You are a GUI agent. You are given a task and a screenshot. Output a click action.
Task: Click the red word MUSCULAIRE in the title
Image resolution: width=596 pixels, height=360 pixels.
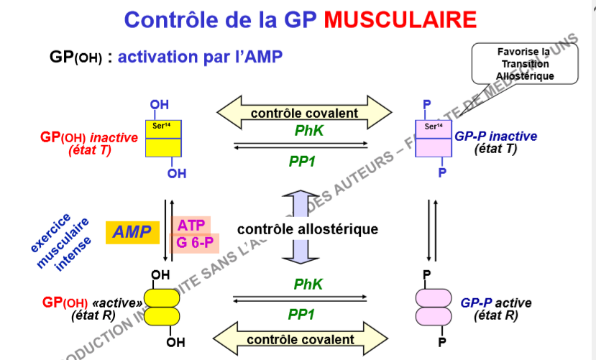pos(400,19)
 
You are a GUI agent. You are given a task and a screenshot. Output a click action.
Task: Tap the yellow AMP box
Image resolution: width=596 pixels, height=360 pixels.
pos(132,232)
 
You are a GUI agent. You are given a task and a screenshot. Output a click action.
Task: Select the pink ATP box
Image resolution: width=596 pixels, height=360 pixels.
pos(191,225)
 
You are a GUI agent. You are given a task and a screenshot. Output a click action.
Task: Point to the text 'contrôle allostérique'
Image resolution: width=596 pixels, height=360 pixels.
pos(307,229)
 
